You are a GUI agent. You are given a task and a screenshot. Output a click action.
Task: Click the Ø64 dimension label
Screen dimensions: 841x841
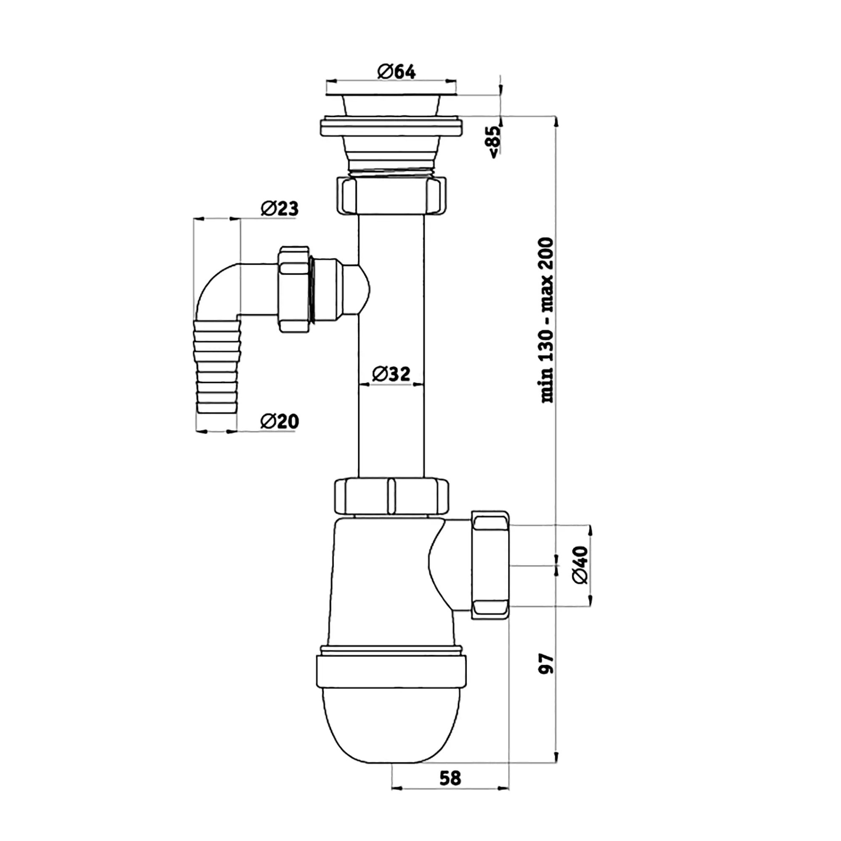[397, 71]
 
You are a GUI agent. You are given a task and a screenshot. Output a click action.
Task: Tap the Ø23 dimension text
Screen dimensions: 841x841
[280, 209]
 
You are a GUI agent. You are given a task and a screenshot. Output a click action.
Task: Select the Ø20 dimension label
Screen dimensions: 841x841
[280, 421]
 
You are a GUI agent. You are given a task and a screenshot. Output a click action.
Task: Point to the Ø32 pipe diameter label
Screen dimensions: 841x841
[391, 373]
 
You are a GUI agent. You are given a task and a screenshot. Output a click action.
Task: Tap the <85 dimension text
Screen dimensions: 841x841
[496, 142]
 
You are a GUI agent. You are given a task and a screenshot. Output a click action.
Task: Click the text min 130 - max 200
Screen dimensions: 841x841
[546, 320]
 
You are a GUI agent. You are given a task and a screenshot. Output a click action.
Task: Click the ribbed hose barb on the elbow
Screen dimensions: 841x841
[218, 367]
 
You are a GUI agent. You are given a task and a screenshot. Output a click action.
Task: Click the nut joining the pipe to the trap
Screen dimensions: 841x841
[391, 496]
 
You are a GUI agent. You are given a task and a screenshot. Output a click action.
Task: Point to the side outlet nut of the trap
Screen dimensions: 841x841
[490, 565]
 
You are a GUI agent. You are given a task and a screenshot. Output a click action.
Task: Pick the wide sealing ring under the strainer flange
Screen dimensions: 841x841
[391, 126]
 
